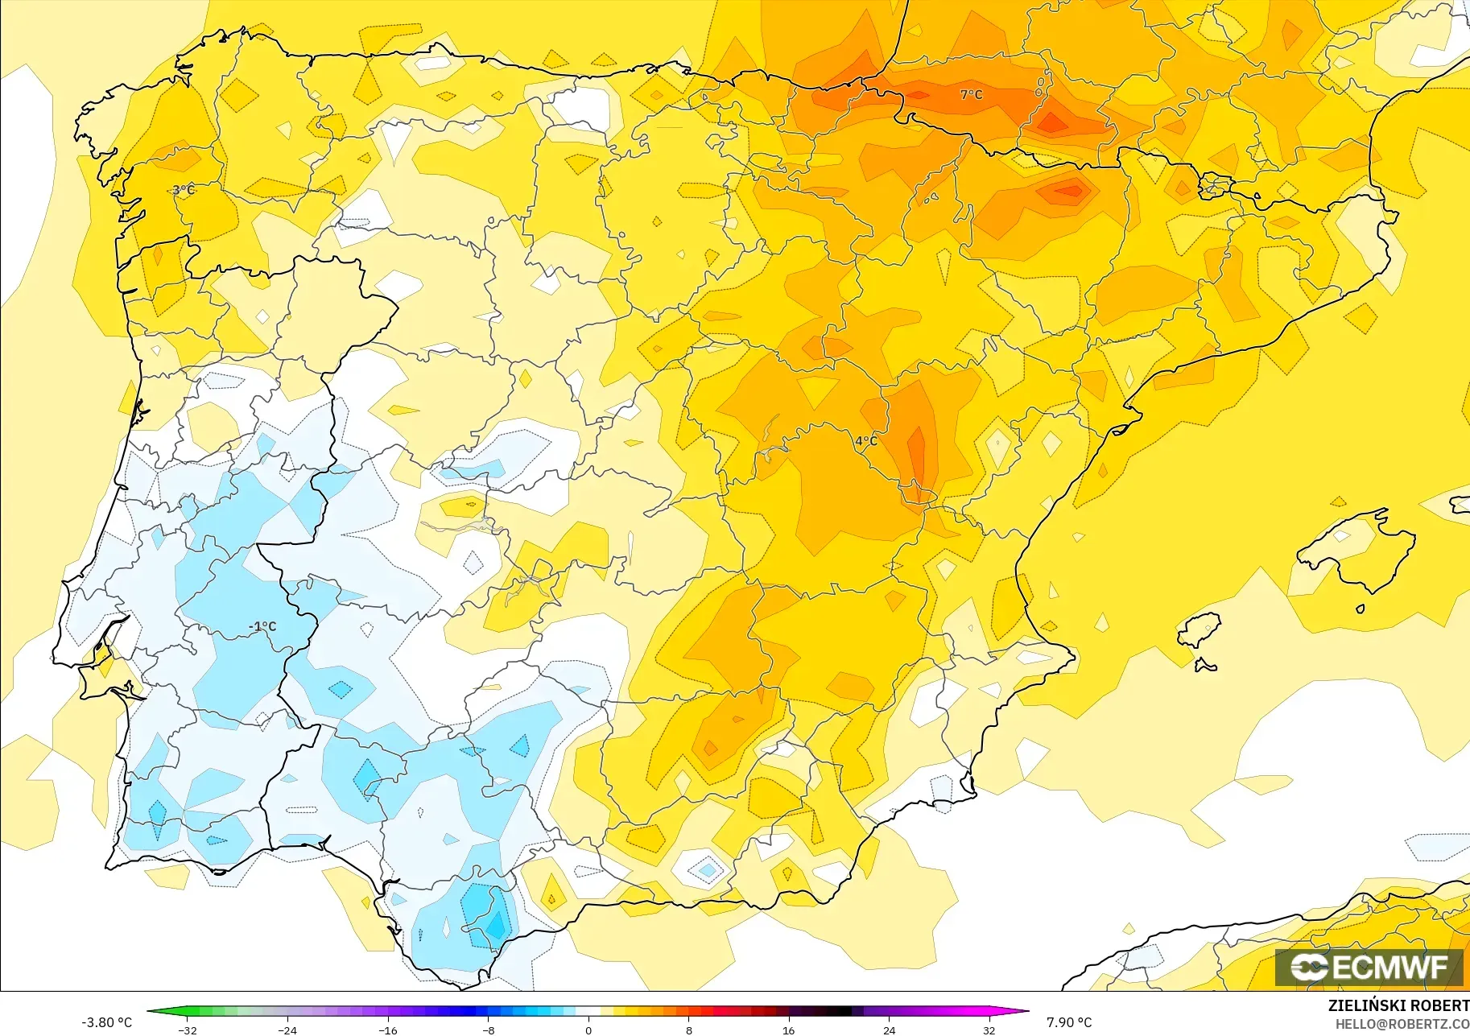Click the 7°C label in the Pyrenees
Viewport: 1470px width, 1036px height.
point(971,94)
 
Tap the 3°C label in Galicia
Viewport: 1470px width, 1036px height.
point(184,190)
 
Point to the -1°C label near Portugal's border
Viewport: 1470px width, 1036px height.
point(262,626)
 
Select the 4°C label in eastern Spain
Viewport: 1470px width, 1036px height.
point(866,440)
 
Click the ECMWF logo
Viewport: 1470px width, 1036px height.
point(1369,967)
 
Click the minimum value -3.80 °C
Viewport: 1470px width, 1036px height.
point(106,1022)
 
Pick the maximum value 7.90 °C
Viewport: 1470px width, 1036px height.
point(1069,1022)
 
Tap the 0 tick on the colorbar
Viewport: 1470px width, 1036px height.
point(588,1030)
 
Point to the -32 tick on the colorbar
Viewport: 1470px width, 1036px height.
point(188,1030)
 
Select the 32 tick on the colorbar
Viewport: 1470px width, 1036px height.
point(989,1030)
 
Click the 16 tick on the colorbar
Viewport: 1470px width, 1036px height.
point(788,1030)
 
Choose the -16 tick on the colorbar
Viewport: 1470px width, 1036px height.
point(388,1030)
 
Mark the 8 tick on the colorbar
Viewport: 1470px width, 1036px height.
point(688,1030)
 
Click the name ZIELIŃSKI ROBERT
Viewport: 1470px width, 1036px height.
point(1398,1005)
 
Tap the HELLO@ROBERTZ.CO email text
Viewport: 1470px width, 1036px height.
point(1402,1024)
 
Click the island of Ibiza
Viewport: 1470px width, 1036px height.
point(1200,630)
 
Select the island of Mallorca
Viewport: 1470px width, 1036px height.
point(1361,551)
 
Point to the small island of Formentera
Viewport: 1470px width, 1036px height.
point(1205,665)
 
